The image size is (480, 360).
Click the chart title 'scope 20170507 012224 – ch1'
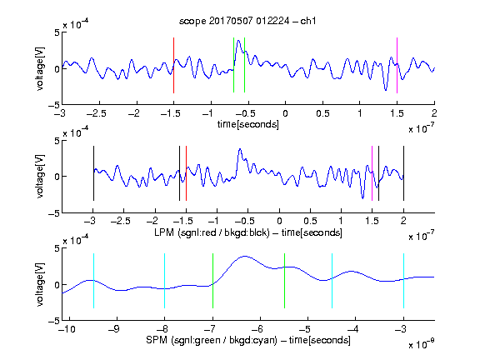click(x=247, y=21)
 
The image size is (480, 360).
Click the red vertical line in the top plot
click(x=173, y=65)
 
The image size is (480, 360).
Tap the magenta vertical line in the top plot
click(x=397, y=65)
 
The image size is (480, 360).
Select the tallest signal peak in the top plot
click(x=238, y=41)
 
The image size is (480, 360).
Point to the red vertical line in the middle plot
click(x=186, y=173)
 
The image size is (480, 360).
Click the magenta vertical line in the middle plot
click(x=372, y=173)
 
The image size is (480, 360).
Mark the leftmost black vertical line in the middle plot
click(x=93, y=173)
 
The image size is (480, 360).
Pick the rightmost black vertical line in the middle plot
click(x=403, y=173)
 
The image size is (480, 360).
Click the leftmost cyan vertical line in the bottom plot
click(x=93, y=281)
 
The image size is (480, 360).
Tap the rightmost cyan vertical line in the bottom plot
click(x=403, y=281)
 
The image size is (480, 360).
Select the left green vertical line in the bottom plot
click(x=212, y=281)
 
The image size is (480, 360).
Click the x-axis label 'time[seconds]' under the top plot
click(x=248, y=124)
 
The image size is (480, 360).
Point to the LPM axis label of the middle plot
click(x=248, y=232)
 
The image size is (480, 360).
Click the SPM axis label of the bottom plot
click(x=248, y=340)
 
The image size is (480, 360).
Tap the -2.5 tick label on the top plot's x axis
click(x=96, y=113)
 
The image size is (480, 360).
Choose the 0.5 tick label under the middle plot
click(x=310, y=221)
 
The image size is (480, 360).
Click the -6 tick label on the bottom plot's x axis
click(x=257, y=329)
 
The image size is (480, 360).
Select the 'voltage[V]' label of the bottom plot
click(x=40, y=284)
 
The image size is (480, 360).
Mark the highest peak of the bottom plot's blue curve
click(x=244, y=256)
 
